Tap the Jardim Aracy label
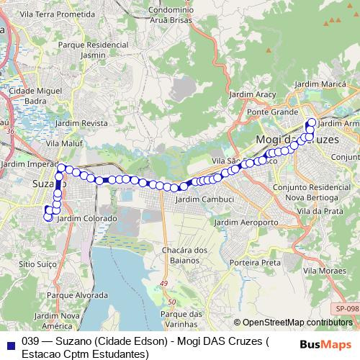tap(251, 94)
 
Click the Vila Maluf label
tap(60, 144)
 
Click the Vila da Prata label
tap(323, 210)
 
